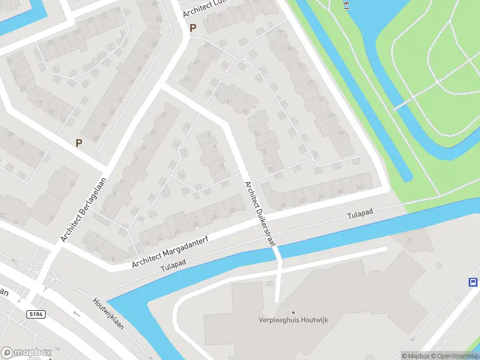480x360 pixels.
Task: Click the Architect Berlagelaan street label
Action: click(x=83, y=209)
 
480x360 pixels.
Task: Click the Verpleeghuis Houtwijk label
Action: click(x=293, y=321)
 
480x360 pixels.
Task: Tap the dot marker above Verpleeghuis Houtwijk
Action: click(x=293, y=312)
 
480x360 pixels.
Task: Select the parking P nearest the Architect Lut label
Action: click(x=193, y=28)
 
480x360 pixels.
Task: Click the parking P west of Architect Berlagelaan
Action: click(x=78, y=143)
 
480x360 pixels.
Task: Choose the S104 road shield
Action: click(x=36, y=314)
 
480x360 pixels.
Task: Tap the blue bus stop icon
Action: click(x=473, y=283)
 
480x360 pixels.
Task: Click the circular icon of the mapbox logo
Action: click(x=8, y=352)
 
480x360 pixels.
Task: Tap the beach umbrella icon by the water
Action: click(x=346, y=5)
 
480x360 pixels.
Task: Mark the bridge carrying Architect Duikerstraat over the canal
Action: click(x=277, y=252)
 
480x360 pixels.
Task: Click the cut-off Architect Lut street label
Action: click(x=206, y=8)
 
